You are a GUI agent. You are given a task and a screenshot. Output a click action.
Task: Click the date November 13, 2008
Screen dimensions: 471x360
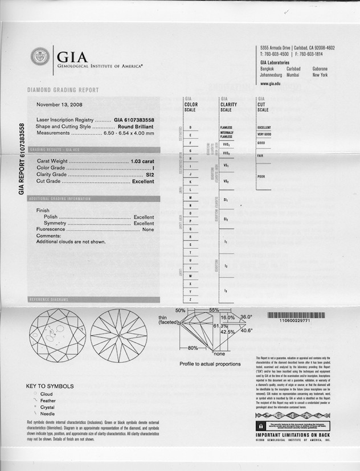point(60,105)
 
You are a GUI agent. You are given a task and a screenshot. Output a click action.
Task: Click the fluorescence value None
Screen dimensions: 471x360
point(148,230)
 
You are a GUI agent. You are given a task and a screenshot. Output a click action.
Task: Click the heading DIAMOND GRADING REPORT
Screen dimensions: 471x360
point(63,90)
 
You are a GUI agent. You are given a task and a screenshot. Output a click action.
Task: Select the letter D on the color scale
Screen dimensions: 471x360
point(190,127)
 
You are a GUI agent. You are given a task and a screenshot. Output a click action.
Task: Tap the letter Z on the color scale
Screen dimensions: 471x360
point(190,299)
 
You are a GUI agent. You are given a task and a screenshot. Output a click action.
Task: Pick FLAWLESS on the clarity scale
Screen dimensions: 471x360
point(226,127)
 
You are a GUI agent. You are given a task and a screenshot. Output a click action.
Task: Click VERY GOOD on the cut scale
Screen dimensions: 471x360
point(265,134)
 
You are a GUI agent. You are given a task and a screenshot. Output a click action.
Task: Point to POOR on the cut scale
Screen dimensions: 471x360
point(261,176)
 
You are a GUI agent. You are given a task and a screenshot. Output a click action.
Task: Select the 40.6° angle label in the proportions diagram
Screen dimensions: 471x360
point(246,330)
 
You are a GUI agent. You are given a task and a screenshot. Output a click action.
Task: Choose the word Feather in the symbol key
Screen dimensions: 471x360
point(45,400)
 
